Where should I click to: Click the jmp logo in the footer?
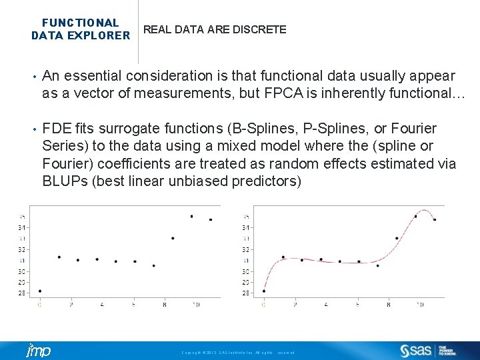coord(37,351)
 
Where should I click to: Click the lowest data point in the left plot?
coord(40,291)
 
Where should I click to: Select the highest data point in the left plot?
coord(191,216)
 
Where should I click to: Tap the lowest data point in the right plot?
coord(264,291)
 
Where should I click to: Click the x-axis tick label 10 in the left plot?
coord(196,305)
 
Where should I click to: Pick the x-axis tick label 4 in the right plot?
coord(326,305)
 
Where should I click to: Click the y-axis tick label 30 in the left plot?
coord(23,271)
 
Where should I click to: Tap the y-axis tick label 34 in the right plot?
coord(247,227)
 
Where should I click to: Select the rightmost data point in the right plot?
coord(435,219)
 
